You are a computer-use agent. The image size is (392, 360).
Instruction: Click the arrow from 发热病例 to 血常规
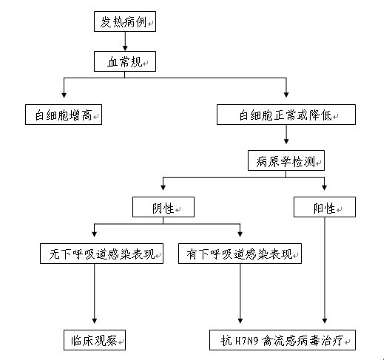125,41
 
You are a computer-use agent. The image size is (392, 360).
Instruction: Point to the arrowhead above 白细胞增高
64,95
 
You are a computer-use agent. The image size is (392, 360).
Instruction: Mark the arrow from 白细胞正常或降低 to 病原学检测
286,135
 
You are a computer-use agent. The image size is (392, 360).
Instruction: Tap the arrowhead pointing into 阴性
163,188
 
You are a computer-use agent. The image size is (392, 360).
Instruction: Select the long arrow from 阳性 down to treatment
325,271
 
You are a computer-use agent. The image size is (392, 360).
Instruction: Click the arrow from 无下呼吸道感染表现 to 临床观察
95,293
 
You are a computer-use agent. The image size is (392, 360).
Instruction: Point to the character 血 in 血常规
112,62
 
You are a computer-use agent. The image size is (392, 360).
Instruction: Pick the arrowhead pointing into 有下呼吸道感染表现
240,234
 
